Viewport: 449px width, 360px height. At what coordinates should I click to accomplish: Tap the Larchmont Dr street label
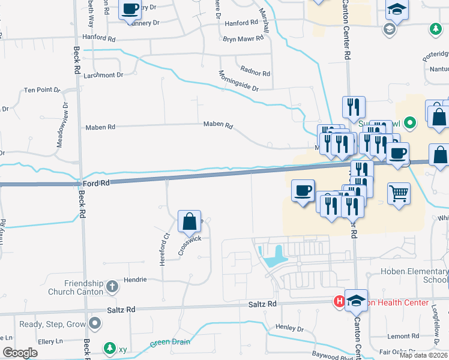click(103, 75)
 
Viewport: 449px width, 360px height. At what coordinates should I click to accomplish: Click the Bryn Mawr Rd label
click(243, 38)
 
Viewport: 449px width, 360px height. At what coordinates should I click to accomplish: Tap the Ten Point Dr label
click(42, 90)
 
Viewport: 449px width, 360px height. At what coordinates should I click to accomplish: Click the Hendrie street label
click(136, 280)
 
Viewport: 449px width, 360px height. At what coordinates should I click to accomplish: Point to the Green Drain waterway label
click(170, 343)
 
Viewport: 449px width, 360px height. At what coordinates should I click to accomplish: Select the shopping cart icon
click(399, 193)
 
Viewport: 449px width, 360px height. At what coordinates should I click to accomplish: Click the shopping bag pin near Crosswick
click(190, 221)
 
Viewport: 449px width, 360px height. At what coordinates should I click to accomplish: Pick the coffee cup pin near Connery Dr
click(130, 10)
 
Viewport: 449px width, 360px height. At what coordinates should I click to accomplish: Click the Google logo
click(20, 353)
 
